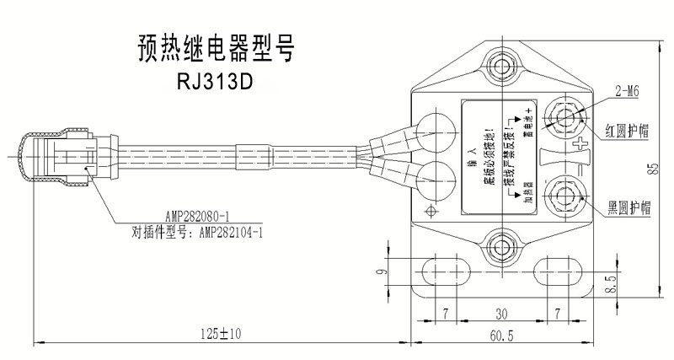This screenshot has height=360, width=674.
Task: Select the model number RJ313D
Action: (215, 83)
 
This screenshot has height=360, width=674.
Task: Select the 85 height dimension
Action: (653, 168)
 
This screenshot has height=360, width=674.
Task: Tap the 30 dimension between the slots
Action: (502, 313)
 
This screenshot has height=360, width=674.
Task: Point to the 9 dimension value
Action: (381, 271)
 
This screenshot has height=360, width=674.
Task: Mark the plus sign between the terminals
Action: (577, 150)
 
